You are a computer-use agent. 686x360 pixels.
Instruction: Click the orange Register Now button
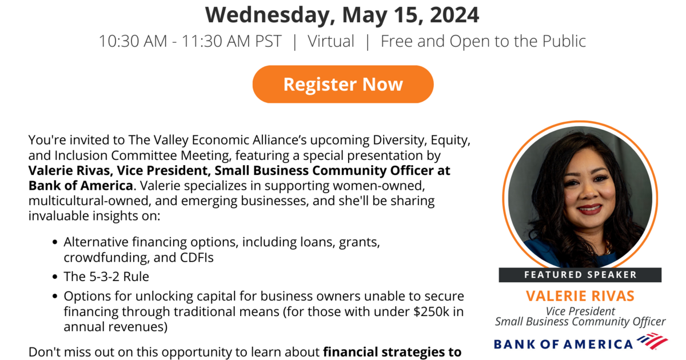pos(343,84)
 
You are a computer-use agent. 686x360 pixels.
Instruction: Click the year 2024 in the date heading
pos(454,15)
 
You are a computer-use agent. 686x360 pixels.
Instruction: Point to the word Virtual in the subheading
pos(331,41)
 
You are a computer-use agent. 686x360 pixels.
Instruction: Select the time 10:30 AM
pos(133,41)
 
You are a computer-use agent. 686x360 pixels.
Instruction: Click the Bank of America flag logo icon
pos(652,341)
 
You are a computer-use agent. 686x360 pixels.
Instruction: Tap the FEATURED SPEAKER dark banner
pos(580,275)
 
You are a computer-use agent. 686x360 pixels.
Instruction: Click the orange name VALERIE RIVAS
pos(580,296)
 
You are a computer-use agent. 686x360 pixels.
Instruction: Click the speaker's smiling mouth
pos(589,209)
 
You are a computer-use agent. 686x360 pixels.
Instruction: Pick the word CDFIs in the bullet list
pos(197,258)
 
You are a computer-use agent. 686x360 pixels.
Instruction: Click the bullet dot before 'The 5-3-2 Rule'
pos(55,277)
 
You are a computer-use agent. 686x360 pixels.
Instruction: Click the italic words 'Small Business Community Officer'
pos(580,321)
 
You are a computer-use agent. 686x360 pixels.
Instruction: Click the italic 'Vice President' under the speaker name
pos(580,311)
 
